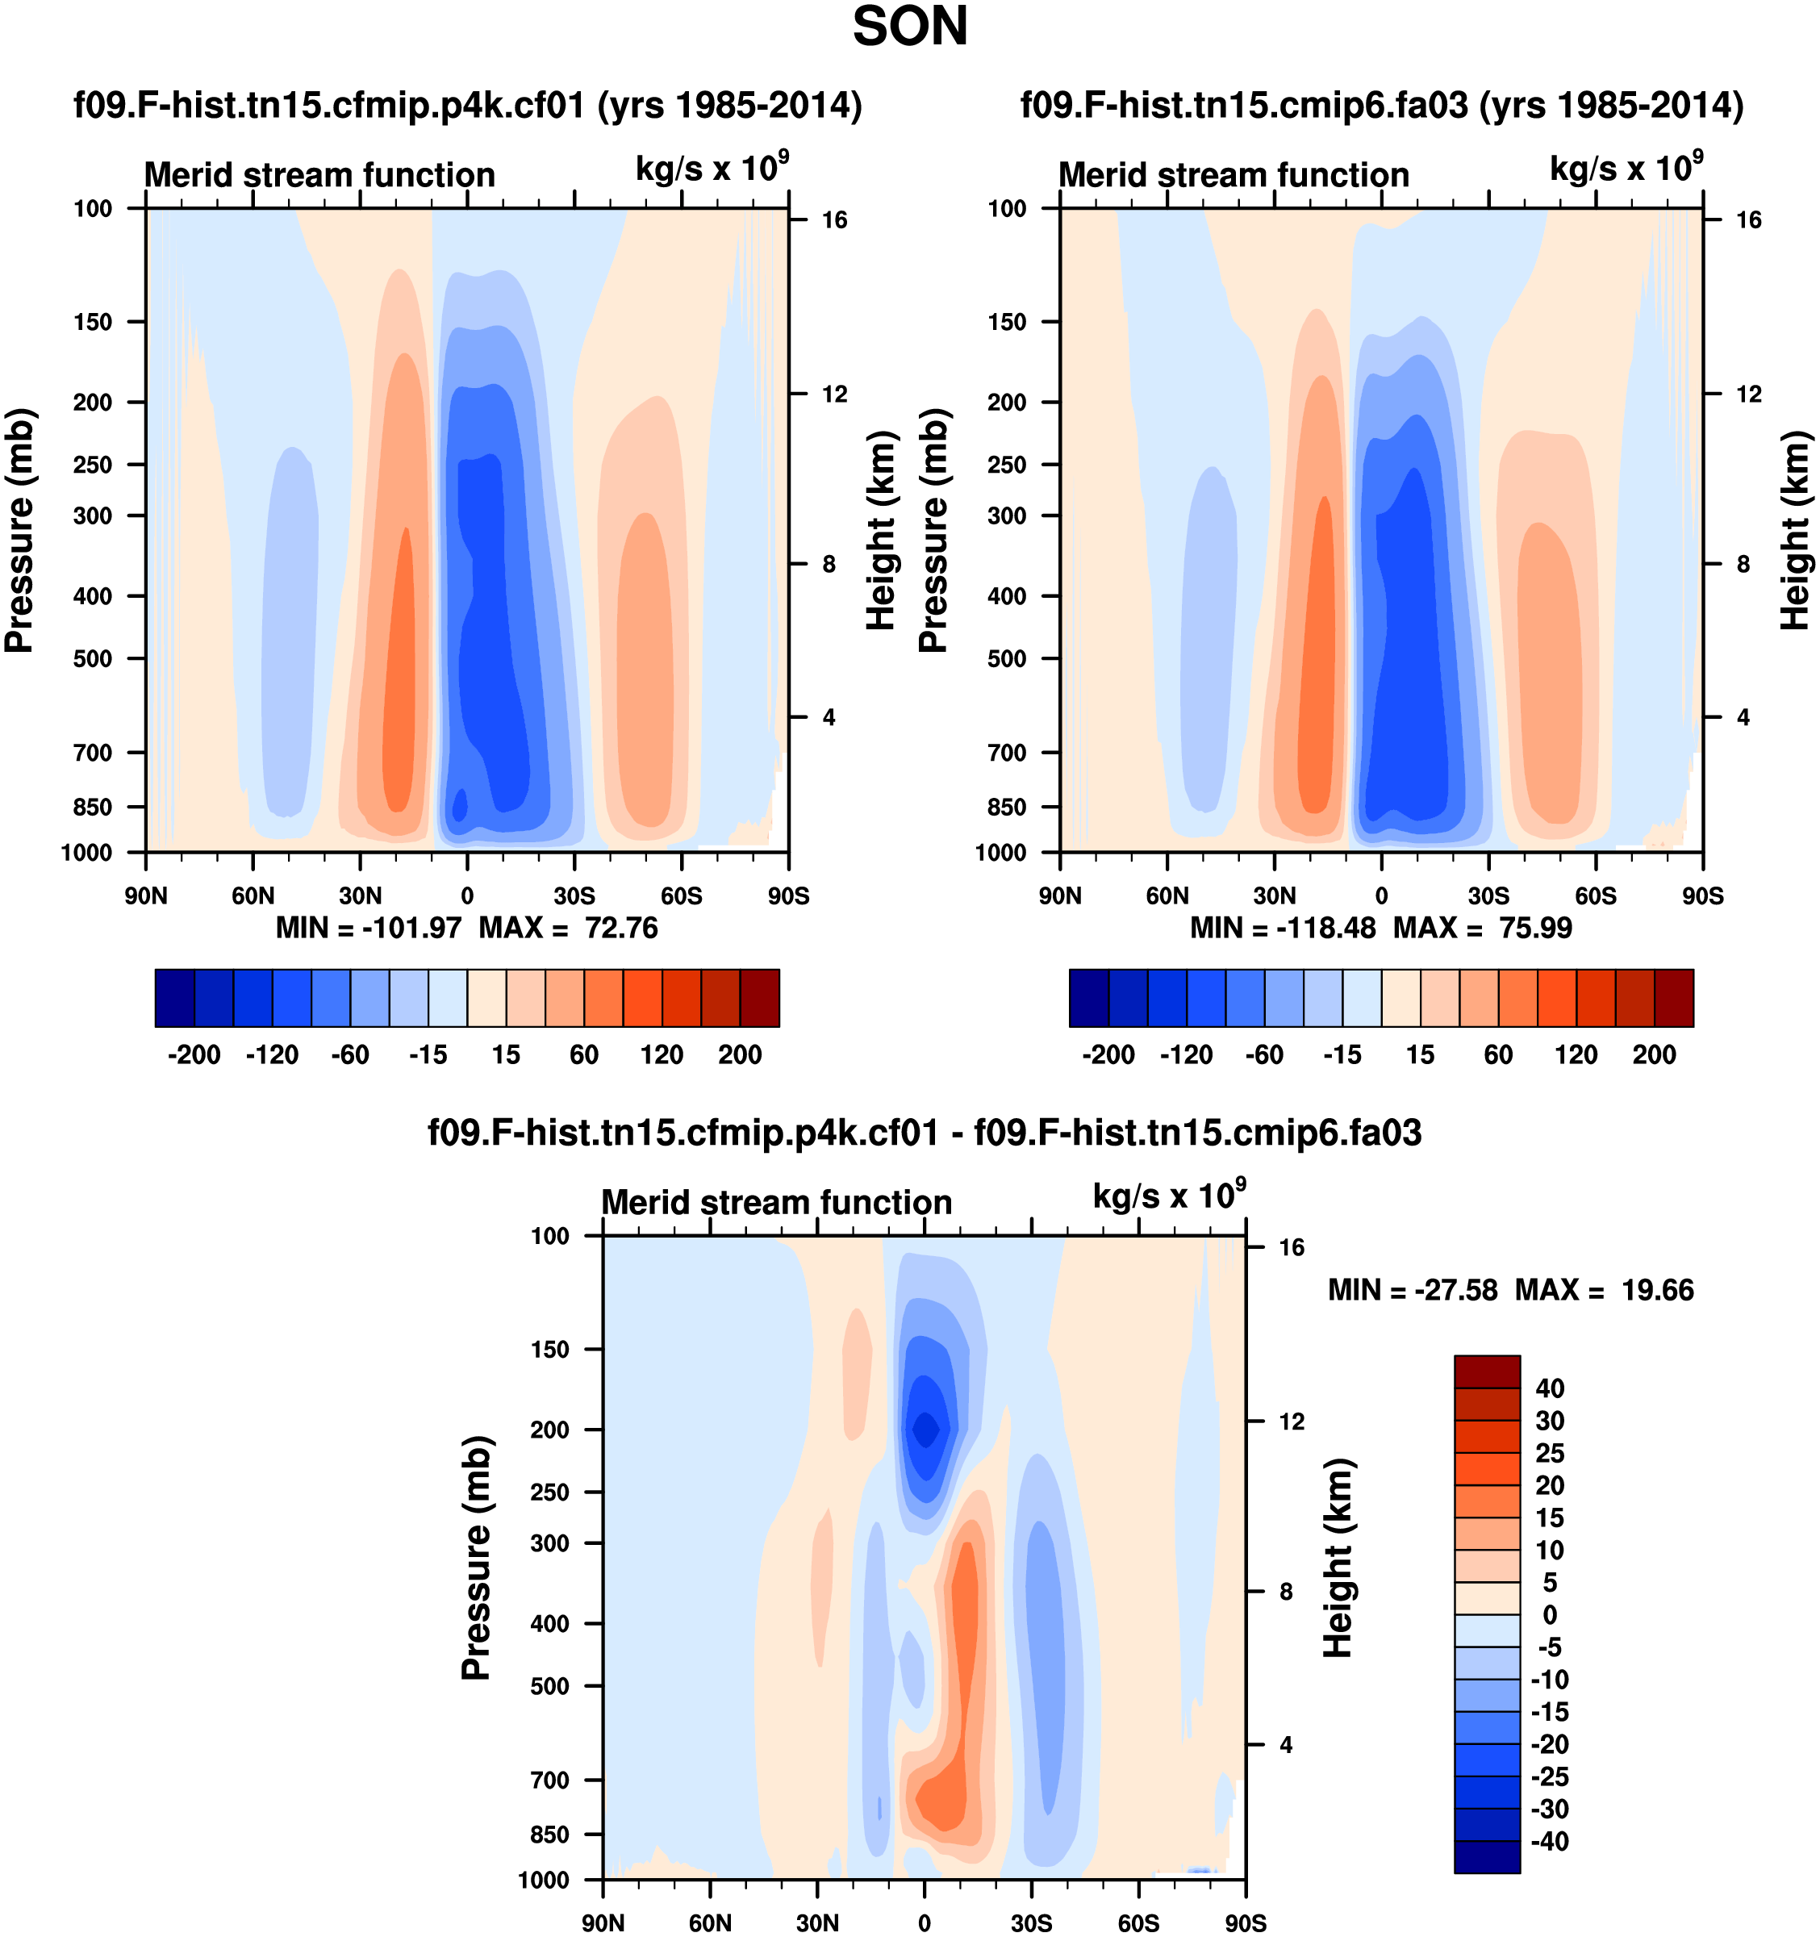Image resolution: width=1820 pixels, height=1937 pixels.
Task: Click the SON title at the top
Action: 910,27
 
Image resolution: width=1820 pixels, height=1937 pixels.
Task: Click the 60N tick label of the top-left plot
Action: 253,896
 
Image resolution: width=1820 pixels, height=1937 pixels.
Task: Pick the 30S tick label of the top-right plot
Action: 1488,896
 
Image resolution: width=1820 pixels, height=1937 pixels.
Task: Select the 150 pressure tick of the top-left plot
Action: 93,323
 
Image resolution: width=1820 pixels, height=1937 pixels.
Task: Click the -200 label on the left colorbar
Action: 194,1055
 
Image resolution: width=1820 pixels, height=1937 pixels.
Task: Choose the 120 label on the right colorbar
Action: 1576,1055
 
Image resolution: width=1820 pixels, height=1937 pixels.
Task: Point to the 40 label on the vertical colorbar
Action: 1550,1388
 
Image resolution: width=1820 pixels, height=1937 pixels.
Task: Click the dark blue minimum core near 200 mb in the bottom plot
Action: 925,1430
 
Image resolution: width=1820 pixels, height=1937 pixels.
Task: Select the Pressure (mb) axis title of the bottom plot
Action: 475,1559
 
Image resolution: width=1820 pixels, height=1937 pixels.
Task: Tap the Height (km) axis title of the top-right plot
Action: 1795,531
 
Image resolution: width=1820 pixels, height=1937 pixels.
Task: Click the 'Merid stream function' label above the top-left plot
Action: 319,175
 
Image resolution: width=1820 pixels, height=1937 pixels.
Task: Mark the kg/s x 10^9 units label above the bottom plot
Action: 1168,1196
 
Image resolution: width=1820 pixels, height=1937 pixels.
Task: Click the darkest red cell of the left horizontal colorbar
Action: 760,998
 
